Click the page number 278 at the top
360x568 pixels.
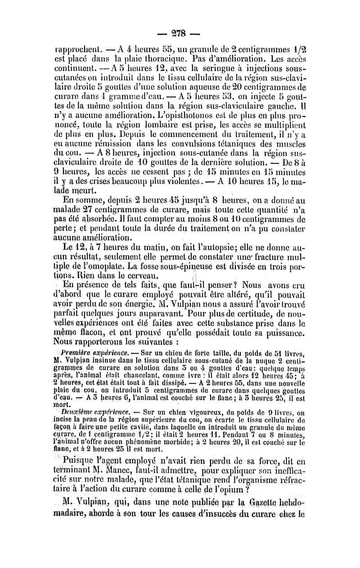180,33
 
